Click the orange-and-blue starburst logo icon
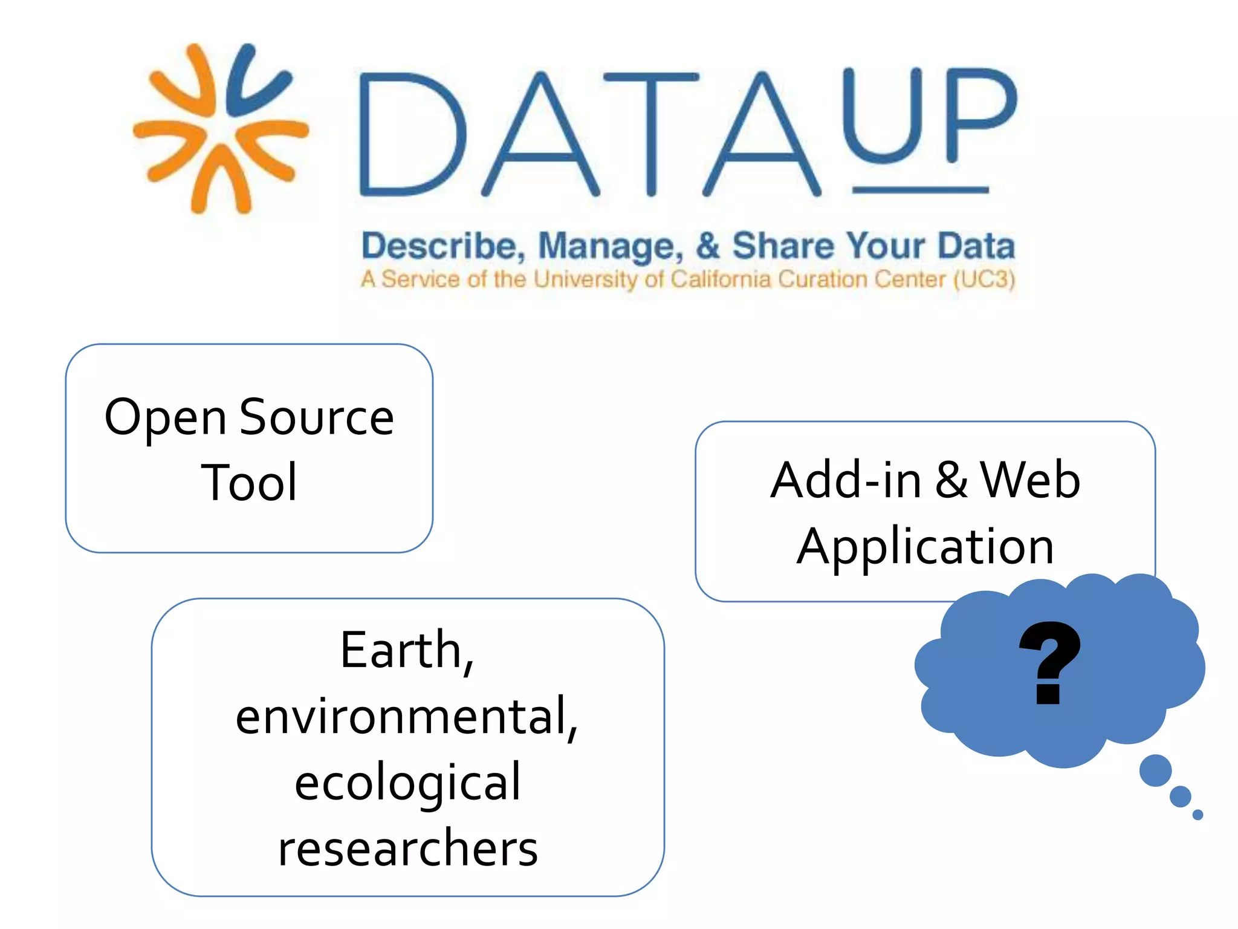pos(221,129)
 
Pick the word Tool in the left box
pos(249,482)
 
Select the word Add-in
pos(846,480)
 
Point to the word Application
pos(925,547)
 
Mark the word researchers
pos(407,849)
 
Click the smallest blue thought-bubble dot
pos(1197,815)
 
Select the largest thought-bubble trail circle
pos(1155,771)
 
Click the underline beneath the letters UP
pos(920,190)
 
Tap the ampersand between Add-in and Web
pos(951,480)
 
